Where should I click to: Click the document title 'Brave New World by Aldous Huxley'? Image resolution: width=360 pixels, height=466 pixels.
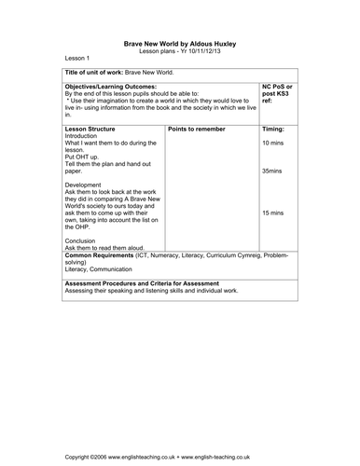tap(179, 42)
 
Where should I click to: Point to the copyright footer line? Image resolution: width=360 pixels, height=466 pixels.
tap(179, 459)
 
